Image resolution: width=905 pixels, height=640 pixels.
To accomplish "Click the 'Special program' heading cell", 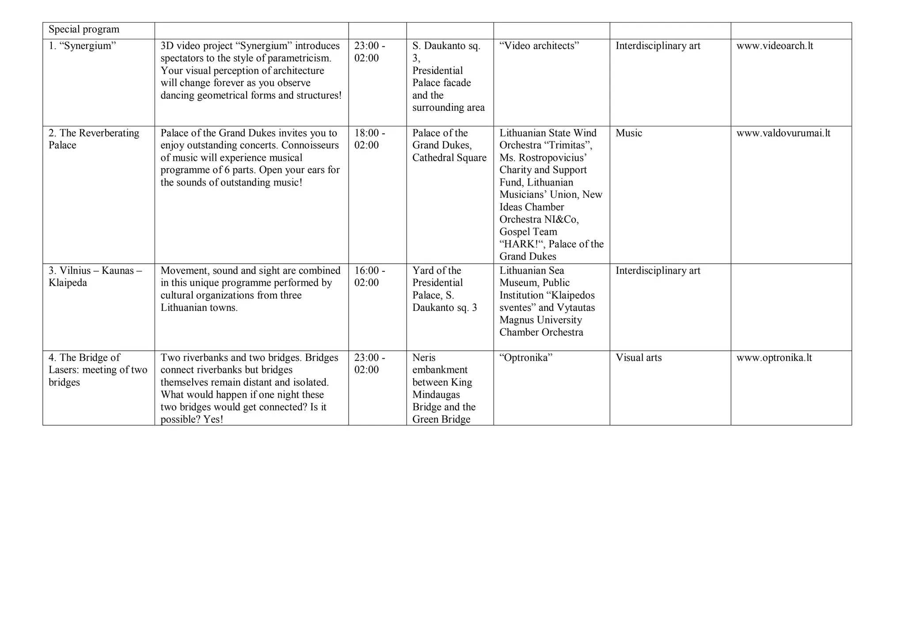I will click(x=84, y=30).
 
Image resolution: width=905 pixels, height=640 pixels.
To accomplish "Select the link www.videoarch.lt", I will click(x=775, y=46).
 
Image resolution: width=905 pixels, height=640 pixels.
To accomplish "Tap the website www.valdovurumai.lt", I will click(x=783, y=133).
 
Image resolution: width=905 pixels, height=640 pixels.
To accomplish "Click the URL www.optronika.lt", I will click(x=774, y=358).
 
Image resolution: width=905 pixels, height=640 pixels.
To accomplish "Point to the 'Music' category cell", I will click(x=628, y=133).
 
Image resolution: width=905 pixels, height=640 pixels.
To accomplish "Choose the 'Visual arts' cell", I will click(x=639, y=358).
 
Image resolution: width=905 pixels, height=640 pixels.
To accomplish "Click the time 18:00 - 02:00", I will click(x=369, y=139).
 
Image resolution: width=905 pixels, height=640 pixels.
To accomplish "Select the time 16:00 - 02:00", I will click(x=369, y=276).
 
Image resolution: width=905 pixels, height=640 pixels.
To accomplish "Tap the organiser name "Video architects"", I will click(x=539, y=46).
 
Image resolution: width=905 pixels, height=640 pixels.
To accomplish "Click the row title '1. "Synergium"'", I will click(x=82, y=46).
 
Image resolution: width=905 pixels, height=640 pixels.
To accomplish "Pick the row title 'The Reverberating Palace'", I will click(x=94, y=139).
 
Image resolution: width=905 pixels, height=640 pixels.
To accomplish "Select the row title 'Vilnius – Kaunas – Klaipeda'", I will click(x=95, y=276).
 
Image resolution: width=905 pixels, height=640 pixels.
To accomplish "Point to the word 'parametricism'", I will click(x=300, y=58).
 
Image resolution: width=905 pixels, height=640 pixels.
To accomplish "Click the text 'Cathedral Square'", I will click(x=449, y=158).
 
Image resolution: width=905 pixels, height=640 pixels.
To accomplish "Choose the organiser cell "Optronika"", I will click(x=526, y=358).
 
